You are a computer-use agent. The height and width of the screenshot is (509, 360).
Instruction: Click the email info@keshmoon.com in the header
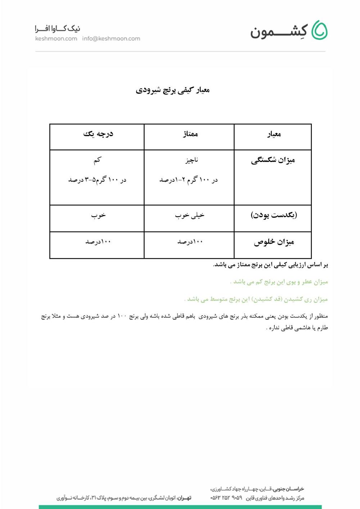click(111, 39)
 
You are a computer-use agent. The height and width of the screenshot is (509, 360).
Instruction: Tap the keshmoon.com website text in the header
click(56, 39)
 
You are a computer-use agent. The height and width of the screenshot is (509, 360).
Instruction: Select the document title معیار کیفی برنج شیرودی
click(173, 90)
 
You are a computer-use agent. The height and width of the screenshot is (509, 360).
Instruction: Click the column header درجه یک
click(98, 134)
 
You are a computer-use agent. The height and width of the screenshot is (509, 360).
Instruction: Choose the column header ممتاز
click(190, 134)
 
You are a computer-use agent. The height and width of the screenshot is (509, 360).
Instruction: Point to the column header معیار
click(274, 135)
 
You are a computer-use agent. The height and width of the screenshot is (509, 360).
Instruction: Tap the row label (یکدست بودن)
click(274, 215)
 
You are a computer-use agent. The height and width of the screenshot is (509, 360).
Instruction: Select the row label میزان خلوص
click(274, 242)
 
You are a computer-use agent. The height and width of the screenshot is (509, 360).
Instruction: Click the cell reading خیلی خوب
click(189, 215)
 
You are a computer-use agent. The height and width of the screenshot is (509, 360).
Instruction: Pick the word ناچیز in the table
click(192, 160)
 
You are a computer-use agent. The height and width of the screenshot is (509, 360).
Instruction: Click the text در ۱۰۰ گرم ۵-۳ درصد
click(97, 180)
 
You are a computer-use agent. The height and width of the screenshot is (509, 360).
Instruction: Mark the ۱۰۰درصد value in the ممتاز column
click(190, 242)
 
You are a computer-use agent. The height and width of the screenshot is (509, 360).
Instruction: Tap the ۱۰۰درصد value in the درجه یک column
click(98, 242)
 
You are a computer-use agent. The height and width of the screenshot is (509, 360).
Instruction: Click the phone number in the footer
click(226, 498)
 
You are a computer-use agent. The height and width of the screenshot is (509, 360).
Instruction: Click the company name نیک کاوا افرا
click(57, 29)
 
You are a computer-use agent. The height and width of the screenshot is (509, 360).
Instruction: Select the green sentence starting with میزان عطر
click(279, 282)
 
